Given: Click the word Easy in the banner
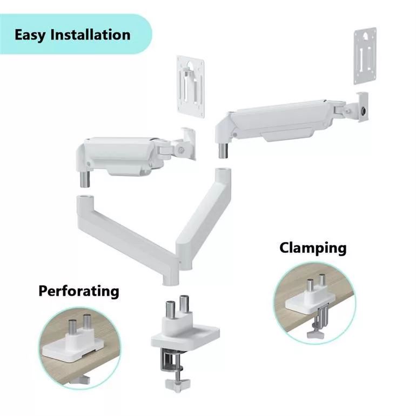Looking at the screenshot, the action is [x=30, y=35].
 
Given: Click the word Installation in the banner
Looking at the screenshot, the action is [x=90, y=35].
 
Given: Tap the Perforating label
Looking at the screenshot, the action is [x=79, y=291].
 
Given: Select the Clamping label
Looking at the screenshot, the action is [x=313, y=249].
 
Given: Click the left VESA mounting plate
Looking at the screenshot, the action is [x=191, y=86].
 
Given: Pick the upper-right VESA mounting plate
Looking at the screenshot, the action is [x=365, y=56].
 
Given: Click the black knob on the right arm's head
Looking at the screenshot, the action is [x=365, y=110].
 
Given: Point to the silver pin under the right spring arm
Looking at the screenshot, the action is [x=224, y=150].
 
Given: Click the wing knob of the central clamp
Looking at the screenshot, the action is [x=178, y=383].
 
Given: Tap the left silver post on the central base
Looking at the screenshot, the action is [x=170, y=310].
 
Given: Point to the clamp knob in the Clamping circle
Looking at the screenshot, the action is [x=316, y=334].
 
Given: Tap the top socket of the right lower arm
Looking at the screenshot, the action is [x=223, y=171].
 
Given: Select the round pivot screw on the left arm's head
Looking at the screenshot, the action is [x=182, y=150].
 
